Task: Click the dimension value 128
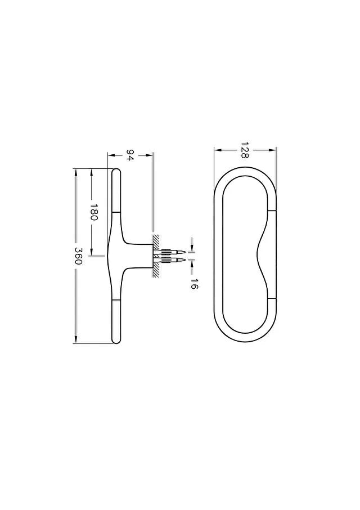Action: pyautogui.click(x=245, y=150)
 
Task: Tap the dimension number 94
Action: pyautogui.click(x=130, y=155)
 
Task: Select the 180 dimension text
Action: pyautogui.click(x=94, y=212)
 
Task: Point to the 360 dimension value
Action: pyautogui.click(x=78, y=256)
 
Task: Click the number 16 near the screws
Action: pyautogui.click(x=194, y=284)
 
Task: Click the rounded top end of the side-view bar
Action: pyautogui.click(x=116, y=171)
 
